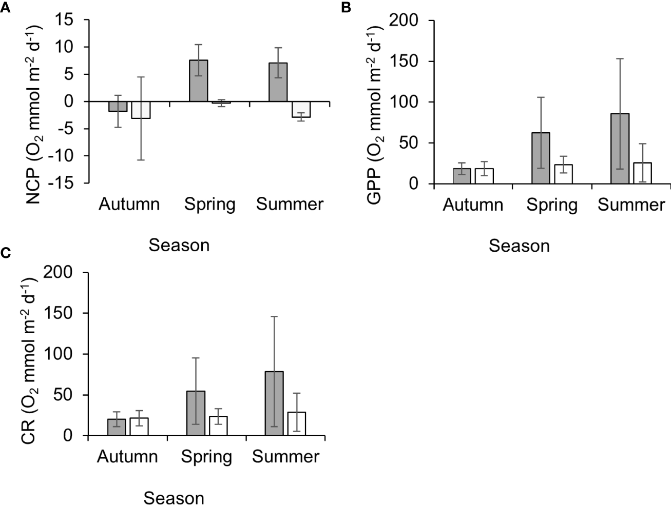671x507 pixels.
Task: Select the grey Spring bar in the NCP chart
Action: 199,81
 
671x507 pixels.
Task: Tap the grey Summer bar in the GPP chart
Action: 620,149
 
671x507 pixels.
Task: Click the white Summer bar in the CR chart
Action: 296,424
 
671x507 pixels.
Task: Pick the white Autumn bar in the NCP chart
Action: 141,110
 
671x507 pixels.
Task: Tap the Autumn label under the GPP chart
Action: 473,205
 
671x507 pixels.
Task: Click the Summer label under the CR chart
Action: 285,457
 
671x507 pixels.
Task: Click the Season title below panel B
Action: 519,246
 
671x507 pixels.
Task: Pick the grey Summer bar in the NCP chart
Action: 278,82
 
